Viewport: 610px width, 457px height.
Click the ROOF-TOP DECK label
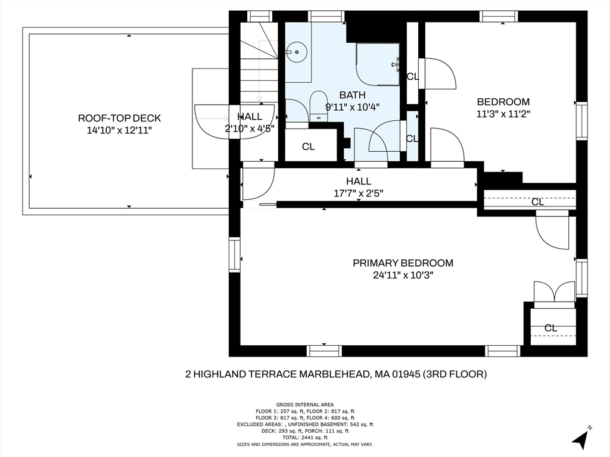pyautogui.click(x=119, y=118)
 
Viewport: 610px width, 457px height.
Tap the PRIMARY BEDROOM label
pyautogui.click(x=403, y=263)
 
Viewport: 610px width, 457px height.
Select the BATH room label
pyautogui.click(x=353, y=95)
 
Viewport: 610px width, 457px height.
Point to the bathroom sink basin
pyautogui.click(x=297, y=51)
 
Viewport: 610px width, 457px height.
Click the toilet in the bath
pyautogui.click(x=318, y=106)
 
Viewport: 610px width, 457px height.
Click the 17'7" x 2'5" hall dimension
pyautogui.click(x=359, y=193)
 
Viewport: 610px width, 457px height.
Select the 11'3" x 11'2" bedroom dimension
pyautogui.click(x=503, y=114)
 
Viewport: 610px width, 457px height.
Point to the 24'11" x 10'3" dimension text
pyautogui.click(x=403, y=275)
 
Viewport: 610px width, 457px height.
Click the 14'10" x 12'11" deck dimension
pyautogui.click(x=119, y=130)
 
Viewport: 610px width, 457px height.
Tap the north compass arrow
pyautogui.click(x=581, y=439)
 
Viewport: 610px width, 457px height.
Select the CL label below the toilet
pyautogui.click(x=308, y=146)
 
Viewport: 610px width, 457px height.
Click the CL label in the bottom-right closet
pyautogui.click(x=551, y=328)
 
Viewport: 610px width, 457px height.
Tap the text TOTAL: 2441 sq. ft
pyautogui.click(x=304, y=437)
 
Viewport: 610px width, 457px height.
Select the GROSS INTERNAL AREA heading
pyautogui.click(x=304, y=405)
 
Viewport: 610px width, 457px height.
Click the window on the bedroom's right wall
pyautogui.click(x=581, y=121)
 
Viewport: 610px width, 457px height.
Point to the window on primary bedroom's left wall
pyautogui.click(x=235, y=255)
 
